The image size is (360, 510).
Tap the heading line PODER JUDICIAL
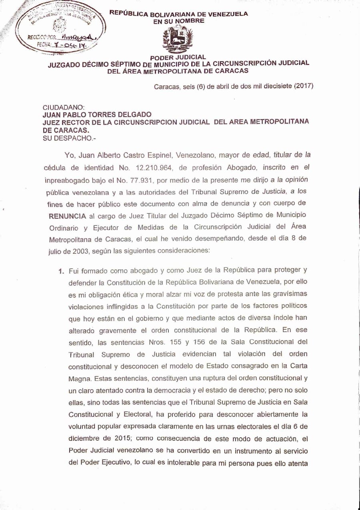click(178, 57)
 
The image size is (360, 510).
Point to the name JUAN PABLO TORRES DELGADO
click(97, 115)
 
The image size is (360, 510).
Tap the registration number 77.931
click(158, 179)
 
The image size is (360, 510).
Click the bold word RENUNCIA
click(67, 216)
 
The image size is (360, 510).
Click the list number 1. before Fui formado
click(62, 271)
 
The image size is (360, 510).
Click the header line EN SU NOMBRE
click(179, 21)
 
